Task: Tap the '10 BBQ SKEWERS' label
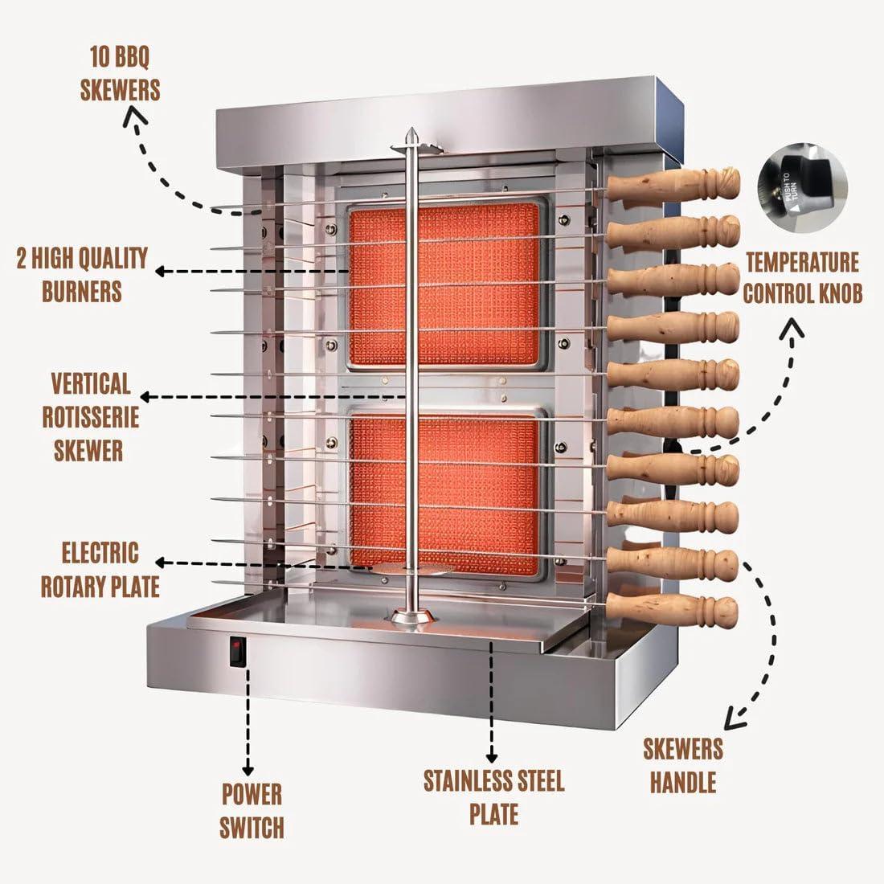click(x=121, y=73)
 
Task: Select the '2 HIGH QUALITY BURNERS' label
click(x=82, y=274)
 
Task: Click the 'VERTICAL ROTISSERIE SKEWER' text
click(x=89, y=416)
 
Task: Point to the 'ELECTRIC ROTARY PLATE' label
click(x=100, y=570)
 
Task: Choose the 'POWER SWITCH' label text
click(x=252, y=810)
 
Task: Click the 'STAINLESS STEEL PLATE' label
click(x=493, y=796)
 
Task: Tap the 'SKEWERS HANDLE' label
click(x=682, y=765)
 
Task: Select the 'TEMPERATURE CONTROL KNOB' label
click(x=801, y=277)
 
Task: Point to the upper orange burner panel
click(x=444, y=284)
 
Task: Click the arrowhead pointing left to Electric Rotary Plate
click(x=160, y=563)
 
